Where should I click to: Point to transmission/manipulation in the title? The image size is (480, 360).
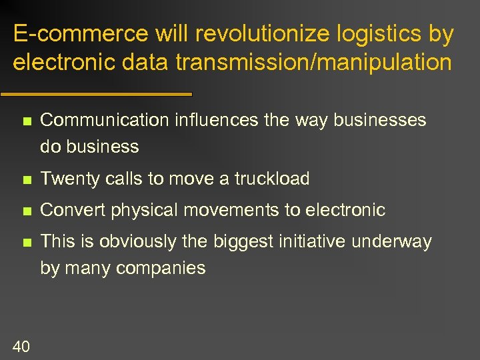[313, 63]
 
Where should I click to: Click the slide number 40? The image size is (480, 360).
[21, 345]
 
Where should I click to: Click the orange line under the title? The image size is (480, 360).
[96, 94]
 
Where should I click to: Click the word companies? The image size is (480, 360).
[161, 269]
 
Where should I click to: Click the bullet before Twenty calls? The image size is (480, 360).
[26, 179]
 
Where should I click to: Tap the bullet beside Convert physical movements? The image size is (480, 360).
[26, 211]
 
